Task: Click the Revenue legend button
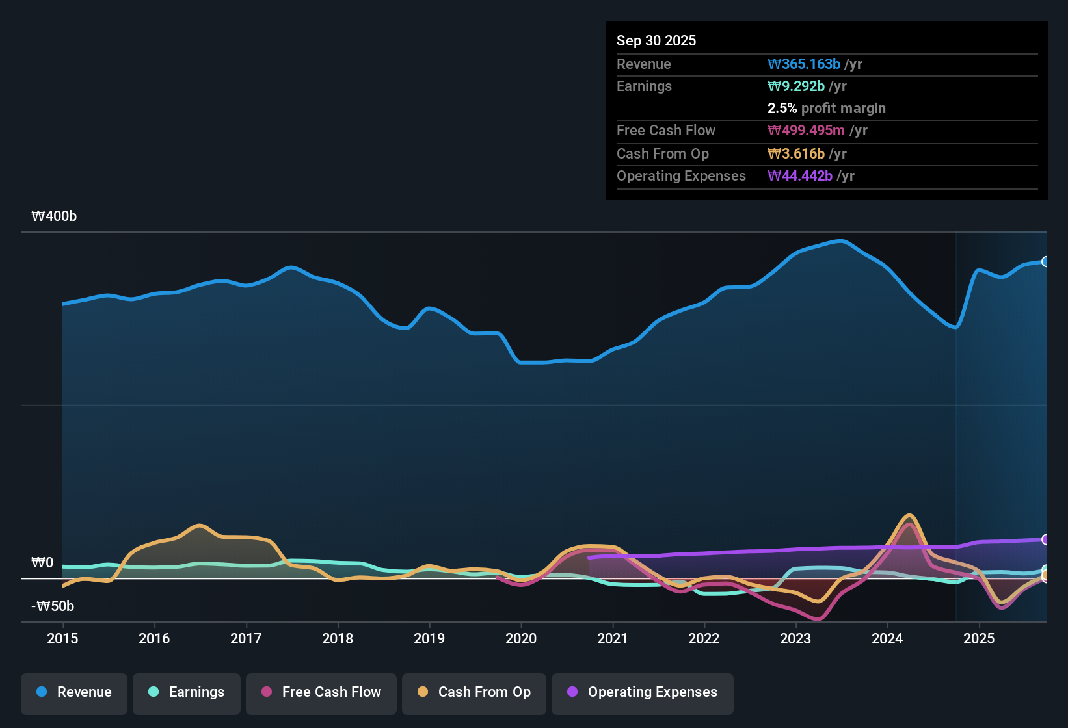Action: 74,692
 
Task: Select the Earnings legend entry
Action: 186,692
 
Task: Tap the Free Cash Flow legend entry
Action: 321,692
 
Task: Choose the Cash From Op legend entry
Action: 474,692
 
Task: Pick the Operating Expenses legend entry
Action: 642,692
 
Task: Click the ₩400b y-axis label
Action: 54,216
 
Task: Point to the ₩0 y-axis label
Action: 42,563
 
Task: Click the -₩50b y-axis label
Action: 53,606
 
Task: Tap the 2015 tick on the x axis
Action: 62,639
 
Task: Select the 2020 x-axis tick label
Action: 521,639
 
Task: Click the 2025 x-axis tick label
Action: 979,639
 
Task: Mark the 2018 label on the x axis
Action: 338,639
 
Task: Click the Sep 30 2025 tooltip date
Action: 656,41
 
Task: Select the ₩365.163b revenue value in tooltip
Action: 804,64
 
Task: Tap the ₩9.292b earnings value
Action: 796,86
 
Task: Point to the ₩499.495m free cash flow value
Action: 806,131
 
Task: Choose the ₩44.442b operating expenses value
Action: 800,176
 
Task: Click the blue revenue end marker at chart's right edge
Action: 1045,262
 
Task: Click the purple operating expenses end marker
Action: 1045,539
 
